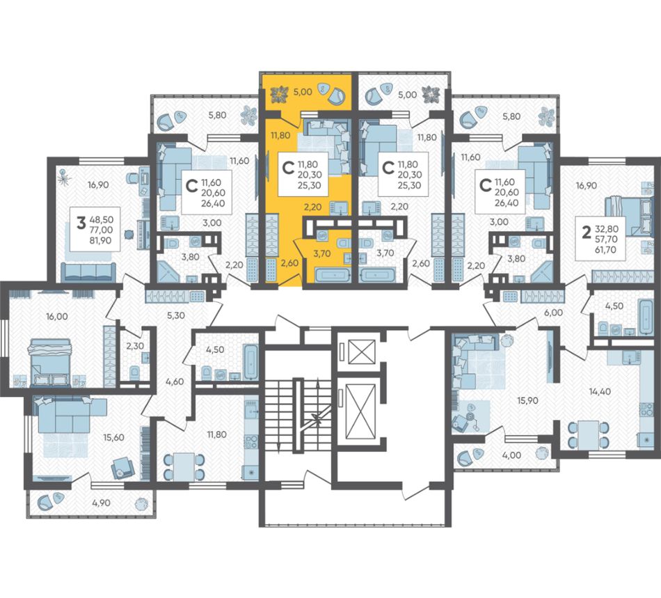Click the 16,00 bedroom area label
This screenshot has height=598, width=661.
click(x=57, y=317)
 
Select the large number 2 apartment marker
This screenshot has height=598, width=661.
click(x=586, y=232)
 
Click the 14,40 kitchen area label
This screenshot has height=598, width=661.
click(x=600, y=392)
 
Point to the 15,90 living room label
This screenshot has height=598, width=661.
click(x=527, y=400)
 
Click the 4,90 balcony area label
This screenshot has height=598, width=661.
click(x=101, y=503)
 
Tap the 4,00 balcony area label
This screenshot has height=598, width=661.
click(x=512, y=455)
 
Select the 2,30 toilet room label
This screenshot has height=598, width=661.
click(x=135, y=346)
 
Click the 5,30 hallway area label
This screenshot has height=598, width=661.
click(x=176, y=315)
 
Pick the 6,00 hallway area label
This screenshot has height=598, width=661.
click(x=553, y=313)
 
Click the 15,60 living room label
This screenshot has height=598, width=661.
click(x=113, y=438)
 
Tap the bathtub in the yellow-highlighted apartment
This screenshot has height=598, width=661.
click(x=333, y=276)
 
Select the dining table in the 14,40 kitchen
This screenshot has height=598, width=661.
click(x=588, y=435)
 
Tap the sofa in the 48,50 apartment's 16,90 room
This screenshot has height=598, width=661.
click(x=88, y=272)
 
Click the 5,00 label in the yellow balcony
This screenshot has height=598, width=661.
click(x=303, y=92)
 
